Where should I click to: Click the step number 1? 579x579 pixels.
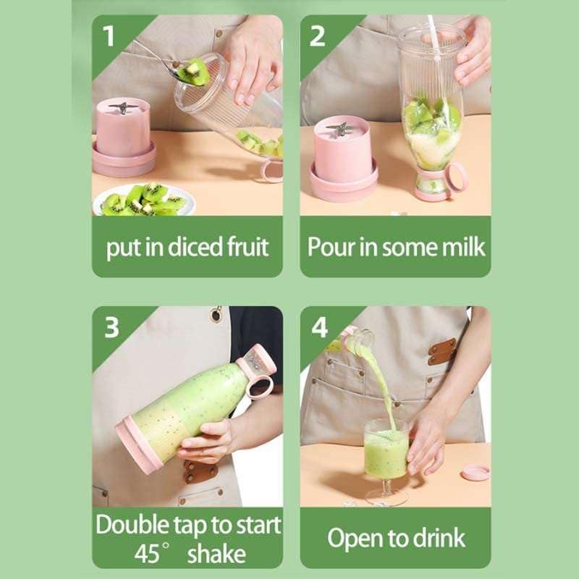click(109, 35)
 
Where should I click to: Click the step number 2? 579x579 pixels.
click(317, 35)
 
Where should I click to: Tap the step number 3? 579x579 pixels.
click(110, 327)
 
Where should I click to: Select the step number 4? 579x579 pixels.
click(318, 327)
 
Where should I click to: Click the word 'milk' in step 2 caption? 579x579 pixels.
click(460, 247)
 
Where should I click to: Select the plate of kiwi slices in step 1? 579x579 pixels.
click(145, 200)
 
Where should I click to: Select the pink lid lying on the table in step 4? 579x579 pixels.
click(476, 472)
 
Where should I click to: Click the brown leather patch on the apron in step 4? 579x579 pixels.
click(441, 351)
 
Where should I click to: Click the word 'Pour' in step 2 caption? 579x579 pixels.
click(329, 247)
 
